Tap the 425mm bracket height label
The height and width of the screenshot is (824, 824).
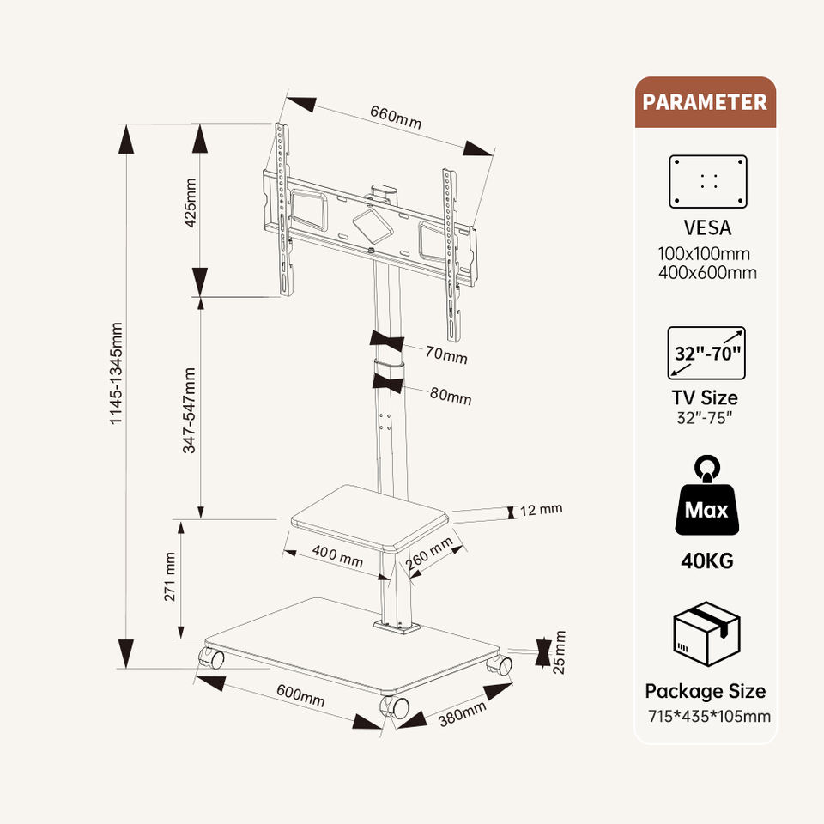pos(191,203)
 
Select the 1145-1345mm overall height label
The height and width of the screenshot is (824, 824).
pos(118,372)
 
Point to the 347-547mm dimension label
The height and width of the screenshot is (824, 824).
pos(191,410)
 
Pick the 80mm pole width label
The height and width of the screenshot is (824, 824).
pos(451,397)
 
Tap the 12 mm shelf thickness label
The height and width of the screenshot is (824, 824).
pos(541,510)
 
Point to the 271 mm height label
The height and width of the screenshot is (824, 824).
pos(170,577)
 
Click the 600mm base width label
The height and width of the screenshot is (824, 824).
pos(300,694)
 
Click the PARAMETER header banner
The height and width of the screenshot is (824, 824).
pos(705,102)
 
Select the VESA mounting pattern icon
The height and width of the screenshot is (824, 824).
pos(708,181)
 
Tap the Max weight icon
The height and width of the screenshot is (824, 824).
pos(706,498)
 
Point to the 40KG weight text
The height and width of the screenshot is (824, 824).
pos(706,562)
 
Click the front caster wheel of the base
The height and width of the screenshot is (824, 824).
pos(396,707)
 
